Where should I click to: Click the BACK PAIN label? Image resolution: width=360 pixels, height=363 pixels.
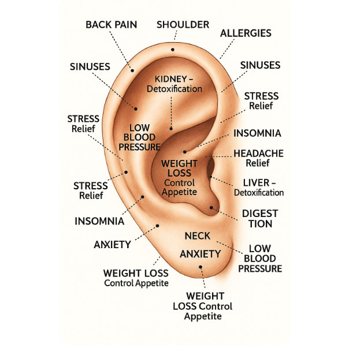[x=112, y=24]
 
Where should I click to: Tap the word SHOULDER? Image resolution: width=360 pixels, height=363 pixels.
[x=183, y=24]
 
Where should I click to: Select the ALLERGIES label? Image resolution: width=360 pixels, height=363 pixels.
[x=246, y=33]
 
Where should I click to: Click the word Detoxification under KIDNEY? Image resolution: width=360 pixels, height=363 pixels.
[x=175, y=89]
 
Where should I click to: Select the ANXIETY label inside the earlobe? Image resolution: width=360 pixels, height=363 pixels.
[x=201, y=254]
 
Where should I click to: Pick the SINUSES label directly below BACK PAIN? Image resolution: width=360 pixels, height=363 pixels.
[x=90, y=66]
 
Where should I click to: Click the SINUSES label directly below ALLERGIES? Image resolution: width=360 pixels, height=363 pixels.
[x=260, y=65]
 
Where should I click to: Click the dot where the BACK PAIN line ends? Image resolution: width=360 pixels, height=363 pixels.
[x=132, y=71]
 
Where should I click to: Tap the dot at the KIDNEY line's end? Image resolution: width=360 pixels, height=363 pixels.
[x=170, y=128]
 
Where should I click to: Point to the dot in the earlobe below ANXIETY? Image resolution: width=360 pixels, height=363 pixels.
[x=201, y=267]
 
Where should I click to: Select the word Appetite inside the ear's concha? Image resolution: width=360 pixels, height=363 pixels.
[x=180, y=192]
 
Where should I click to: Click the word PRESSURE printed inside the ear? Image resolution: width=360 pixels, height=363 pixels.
[x=139, y=147]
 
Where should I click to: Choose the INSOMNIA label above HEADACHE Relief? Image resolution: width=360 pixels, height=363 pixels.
[x=257, y=133]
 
